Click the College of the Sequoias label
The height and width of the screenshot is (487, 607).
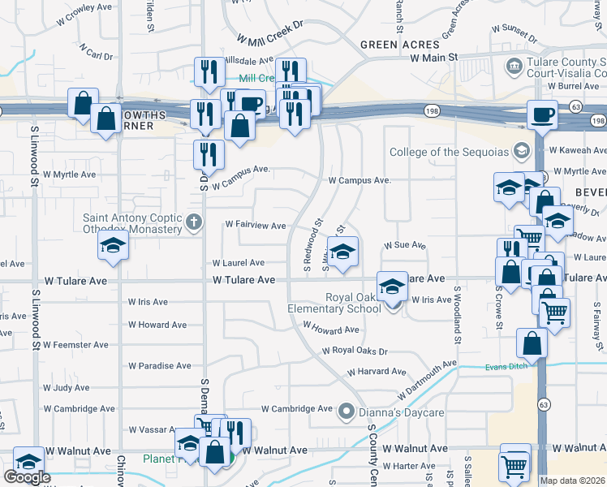coord(449,152)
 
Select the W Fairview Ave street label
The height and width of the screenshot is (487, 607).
coord(256,225)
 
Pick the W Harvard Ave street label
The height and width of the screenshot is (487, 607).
coord(377,372)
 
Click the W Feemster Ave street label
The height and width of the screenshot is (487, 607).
coord(75,345)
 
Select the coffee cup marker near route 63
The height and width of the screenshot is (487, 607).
coord(542,114)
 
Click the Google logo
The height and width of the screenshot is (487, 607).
coord(27,477)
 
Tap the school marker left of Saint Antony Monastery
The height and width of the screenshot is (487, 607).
coord(114,245)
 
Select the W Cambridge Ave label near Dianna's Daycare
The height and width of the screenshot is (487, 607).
coord(298,409)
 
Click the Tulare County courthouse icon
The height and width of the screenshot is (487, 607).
coord(514,66)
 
